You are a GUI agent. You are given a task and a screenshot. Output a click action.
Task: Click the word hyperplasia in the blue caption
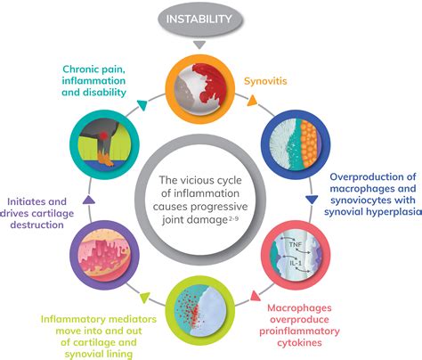coord(378,214)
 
